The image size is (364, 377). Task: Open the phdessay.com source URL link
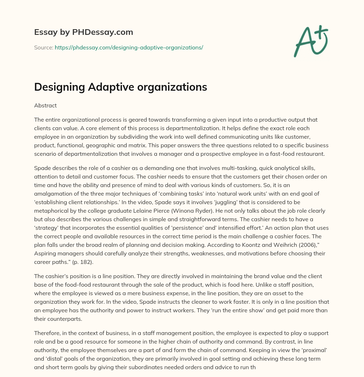click(x=129, y=47)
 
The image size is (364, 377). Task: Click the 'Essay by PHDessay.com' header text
click(x=84, y=32)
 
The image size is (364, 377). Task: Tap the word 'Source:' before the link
click(x=44, y=47)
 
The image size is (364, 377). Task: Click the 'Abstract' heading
click(x=45, y=106)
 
